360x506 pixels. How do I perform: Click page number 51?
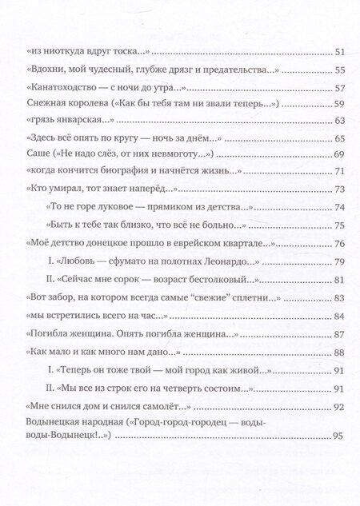pos(337,53)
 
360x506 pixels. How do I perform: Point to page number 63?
pos(337,121)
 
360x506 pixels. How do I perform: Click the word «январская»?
pos(76,121)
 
